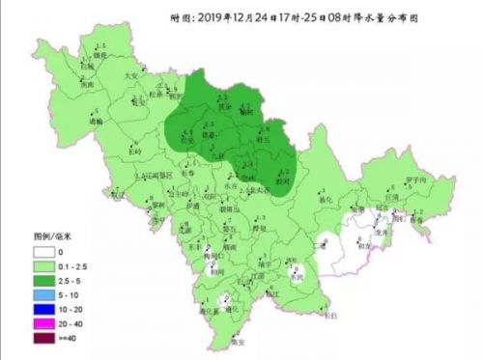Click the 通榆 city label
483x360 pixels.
(96, 122)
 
